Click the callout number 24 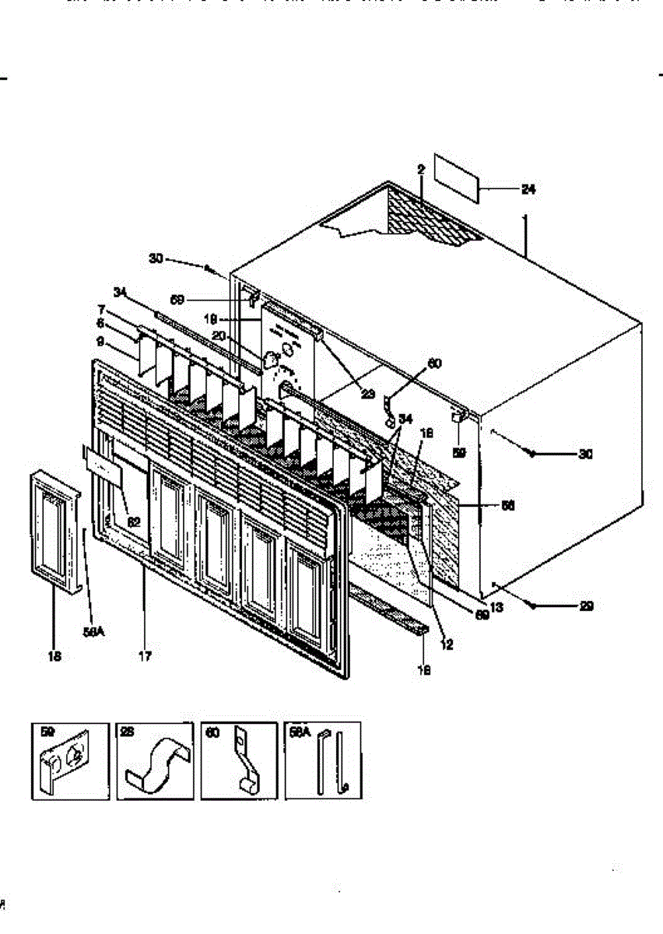pyautogui.click(x=528, y=189)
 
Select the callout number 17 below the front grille pyautogui.click(x=145, y=656)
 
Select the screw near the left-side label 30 pyautogui.click(x=210, y=269)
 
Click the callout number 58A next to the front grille pyautogui.click(x=93, y=633)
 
